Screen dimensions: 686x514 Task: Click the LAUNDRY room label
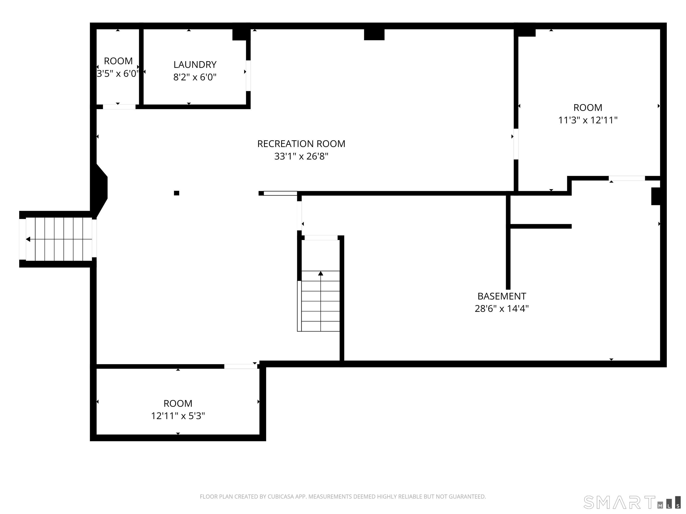(195, 64)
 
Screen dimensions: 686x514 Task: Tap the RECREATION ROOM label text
(301, 144)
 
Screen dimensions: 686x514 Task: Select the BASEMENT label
(502, 296)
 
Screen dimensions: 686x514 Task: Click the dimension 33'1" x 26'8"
(301, 156)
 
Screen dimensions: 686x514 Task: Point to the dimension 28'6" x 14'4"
(502, 309)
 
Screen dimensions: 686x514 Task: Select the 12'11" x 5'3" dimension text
(178, 416)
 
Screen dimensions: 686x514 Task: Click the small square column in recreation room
(176, 193)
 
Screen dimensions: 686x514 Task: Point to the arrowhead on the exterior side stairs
(28, 239)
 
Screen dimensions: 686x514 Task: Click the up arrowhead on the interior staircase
(321, 273)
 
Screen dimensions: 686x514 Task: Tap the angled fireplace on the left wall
(100, 191)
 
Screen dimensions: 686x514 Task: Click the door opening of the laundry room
(248, 76)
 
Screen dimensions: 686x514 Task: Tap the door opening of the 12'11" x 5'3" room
(241, 366)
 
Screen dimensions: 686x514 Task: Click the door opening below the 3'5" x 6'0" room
(119, 107)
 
